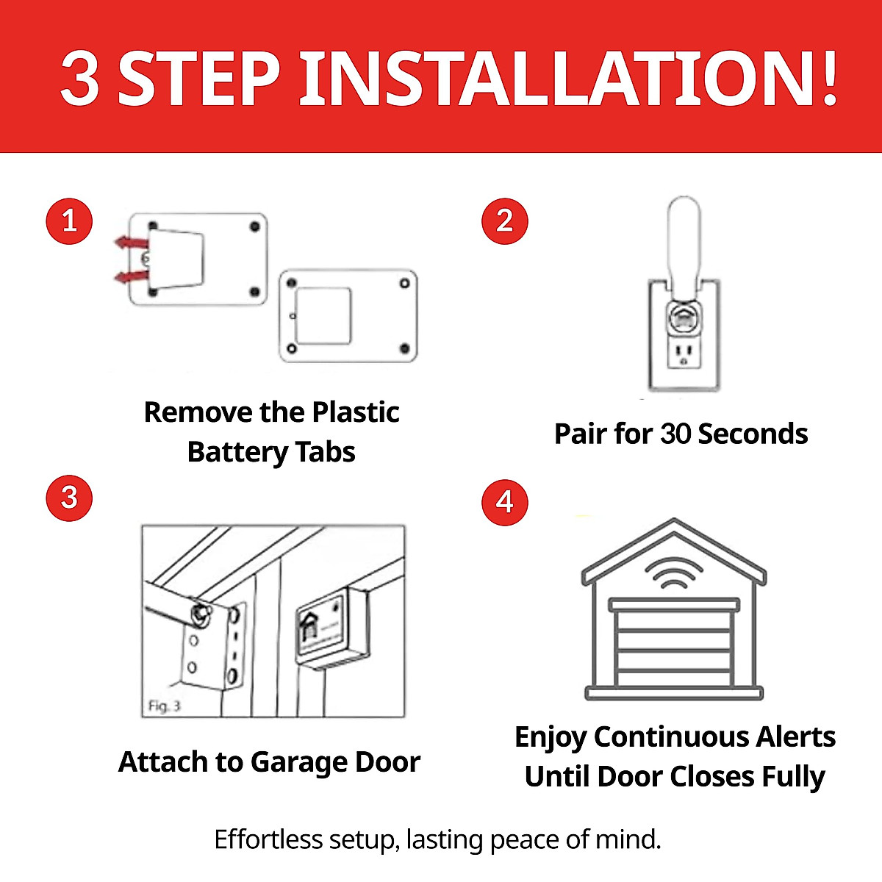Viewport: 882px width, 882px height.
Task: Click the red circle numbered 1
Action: click(69, 220)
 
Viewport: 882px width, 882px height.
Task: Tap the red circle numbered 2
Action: click(504, 220)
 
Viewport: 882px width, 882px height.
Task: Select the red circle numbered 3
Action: click(69, 498)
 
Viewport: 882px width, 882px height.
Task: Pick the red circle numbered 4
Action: click(504, 502)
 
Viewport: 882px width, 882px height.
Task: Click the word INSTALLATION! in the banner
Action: click(570, 78)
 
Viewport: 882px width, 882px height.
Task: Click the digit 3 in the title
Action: click(80, 79)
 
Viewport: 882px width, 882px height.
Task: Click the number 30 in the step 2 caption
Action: click(675, 434)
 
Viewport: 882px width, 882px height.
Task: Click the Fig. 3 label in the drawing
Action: click(164, 706)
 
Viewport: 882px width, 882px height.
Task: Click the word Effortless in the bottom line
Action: click(268, 839)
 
